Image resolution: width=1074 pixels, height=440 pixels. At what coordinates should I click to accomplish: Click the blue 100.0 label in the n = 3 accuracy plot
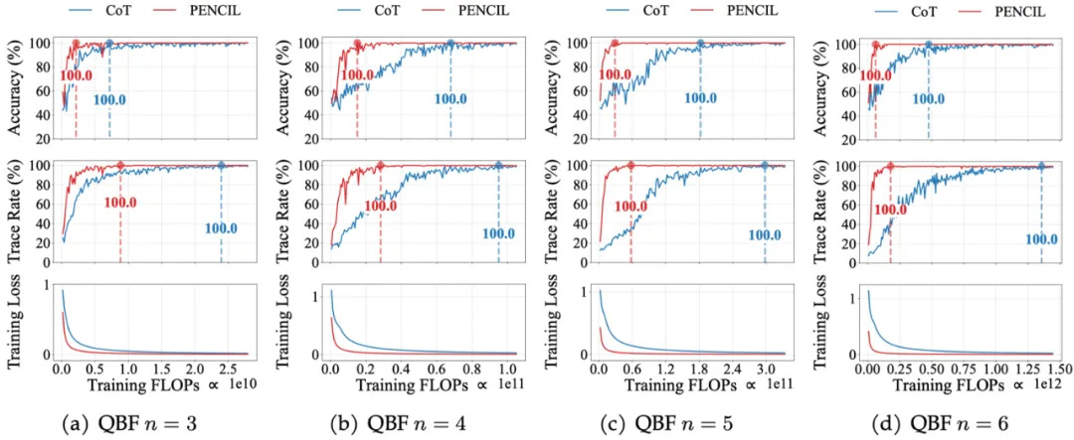tap(109, 99)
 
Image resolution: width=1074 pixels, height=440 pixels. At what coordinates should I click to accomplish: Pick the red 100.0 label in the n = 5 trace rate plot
tap(630, 207)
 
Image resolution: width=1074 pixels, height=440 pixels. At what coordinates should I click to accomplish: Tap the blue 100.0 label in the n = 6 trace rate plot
tap(1041, 238)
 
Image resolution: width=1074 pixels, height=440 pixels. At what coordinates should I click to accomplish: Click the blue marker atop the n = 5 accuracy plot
tap(700, 43)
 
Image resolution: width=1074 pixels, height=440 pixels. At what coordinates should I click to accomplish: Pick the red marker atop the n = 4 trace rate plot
tap(380, 165)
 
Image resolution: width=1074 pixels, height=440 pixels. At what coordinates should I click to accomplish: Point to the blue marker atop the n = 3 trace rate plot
tap(221, 165)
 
